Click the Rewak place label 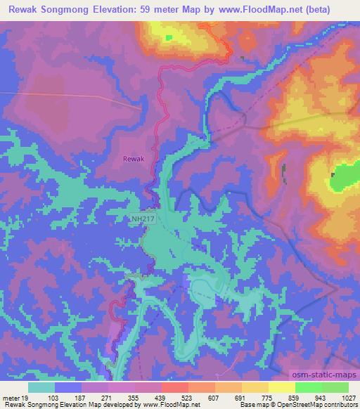(134, 160)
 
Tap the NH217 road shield (143, 219)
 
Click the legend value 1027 (341, 397)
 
